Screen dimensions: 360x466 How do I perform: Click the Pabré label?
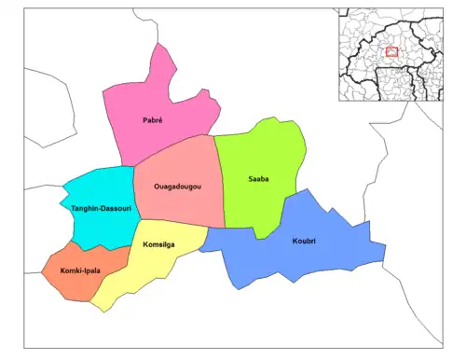(x=153, y=120)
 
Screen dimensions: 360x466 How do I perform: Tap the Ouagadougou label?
(x=177, y=187)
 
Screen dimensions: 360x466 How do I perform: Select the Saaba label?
(x=258, y=178)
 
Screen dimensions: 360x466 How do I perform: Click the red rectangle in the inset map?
(x=391, y=52)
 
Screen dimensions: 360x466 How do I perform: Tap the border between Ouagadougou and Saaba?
(x=221, y=182)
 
